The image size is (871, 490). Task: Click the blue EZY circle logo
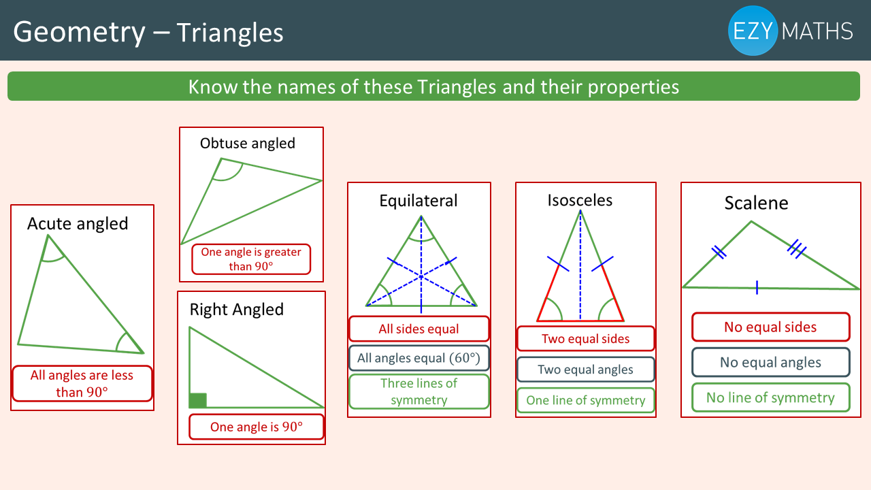(753, 31)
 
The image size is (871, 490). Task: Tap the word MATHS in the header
(817, 31)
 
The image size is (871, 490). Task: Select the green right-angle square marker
(197, 401)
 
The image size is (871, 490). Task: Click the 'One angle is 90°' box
(257, 427)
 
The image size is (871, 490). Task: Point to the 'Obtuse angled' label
(248, 143)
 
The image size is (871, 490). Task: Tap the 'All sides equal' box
(418, 329)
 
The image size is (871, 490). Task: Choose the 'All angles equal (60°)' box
(418, 358)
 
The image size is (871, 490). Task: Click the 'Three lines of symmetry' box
(418, 391)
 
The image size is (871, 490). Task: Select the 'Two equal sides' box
(586, 339)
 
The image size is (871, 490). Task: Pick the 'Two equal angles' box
(586, 370)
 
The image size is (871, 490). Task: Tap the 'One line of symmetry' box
(586, 400)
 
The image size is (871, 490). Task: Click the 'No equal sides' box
(771, 327)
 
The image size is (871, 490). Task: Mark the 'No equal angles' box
(771, 363)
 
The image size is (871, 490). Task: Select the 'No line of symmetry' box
(771, 397)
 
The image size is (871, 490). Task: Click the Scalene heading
(756, 203)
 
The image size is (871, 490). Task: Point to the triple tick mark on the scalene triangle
(797, 249)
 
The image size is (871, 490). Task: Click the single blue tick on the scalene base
(757, 288)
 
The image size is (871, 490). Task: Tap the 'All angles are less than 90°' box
(82, 384)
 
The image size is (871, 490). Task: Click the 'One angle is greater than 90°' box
(251, 259)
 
